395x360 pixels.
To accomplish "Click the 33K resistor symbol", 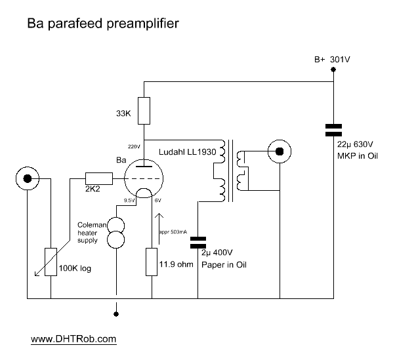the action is tap(144, 111).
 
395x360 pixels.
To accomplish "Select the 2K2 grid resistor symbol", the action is tap(99, 178).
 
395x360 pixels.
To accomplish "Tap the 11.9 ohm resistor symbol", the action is tap(152, 262).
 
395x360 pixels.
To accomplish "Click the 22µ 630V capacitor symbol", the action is tap(333, 130).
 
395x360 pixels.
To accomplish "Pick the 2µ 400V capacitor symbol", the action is tap(198, 243).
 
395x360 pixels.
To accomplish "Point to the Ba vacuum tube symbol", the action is tap(144, 178).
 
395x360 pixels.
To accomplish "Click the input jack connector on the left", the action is tap(28, 178).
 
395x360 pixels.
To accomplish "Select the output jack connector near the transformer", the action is tap(280, 151).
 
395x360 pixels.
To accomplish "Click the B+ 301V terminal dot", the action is tap(333, 70).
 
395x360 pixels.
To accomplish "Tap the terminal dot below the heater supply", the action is tap(116, 314).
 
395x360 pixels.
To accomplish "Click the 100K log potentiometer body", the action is tap(51, 262).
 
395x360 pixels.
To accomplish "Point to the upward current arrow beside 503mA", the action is tap(159, 229).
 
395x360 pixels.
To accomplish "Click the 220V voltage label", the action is tap(134, 147).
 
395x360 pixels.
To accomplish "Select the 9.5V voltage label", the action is tap(129, 201).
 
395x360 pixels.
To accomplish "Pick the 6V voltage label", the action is tap(158, 201).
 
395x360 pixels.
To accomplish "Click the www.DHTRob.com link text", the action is tap(73, 339).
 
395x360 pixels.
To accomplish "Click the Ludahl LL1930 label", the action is tap(188, 152).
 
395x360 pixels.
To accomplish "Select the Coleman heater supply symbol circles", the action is tap(116, 233).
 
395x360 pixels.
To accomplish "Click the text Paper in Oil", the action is tap(224, 265).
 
